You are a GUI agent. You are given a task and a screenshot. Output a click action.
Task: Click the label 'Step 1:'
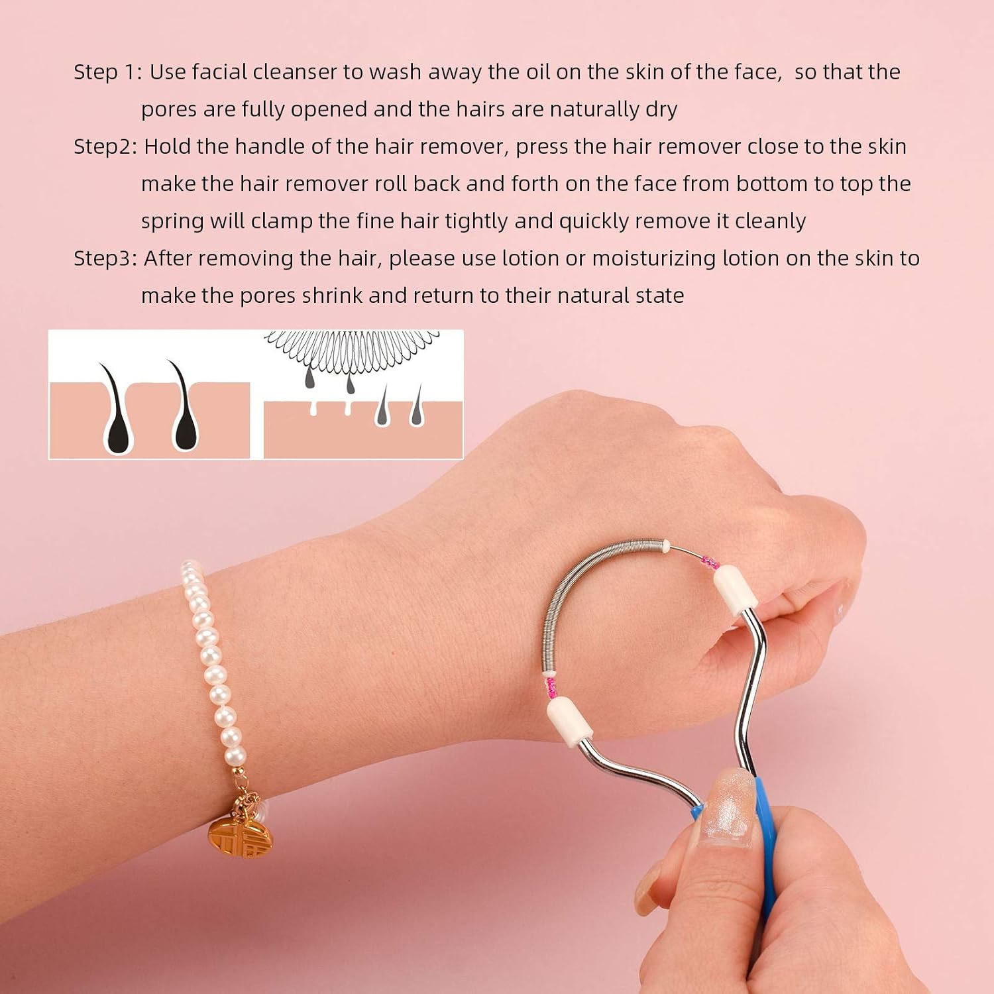pyautogui.click(x=107, y=72)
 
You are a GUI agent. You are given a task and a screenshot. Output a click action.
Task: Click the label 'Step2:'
pyautogui.click(x=105, y=147)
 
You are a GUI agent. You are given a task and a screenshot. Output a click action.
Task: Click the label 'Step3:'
pyautogui.click(x=105, y=258)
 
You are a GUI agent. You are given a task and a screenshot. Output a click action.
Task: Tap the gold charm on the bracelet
pyautogui.click(x=233, y=831)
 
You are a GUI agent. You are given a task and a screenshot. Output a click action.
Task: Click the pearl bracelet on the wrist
pyautogui.click(x=211, y=663)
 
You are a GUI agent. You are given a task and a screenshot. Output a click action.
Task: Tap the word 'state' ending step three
pyautogui.click(x=659, y=296)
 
